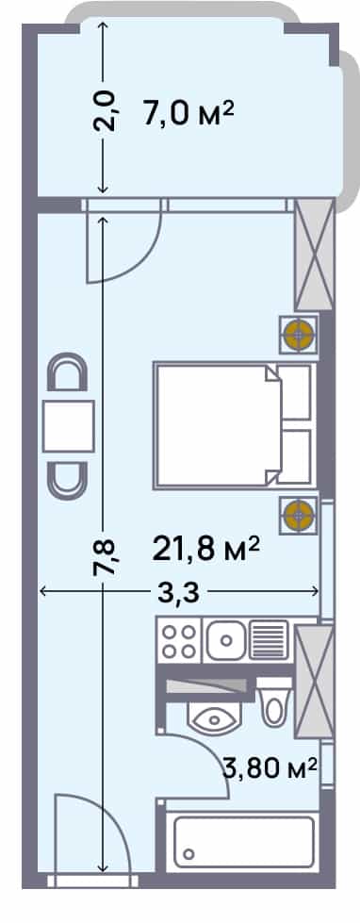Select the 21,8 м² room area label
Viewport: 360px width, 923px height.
pos(205,548)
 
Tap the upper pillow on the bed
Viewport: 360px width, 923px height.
pos(296,392)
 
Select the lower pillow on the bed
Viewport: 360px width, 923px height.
pos(296,458)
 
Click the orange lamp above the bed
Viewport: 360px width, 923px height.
pos(299,333)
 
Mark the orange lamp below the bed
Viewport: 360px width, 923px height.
pos(299,515)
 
